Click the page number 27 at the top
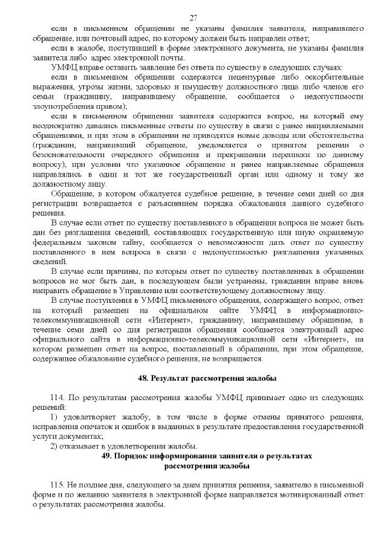[193, 17]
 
